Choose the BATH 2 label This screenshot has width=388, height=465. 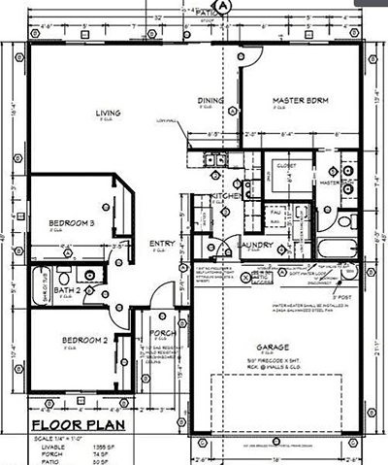[x=66, y=289]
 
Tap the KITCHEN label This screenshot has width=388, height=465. [x=226, y=199]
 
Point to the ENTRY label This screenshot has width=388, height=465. [x=159, y=243]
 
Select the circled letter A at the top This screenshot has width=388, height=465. [x=226, y=6]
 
